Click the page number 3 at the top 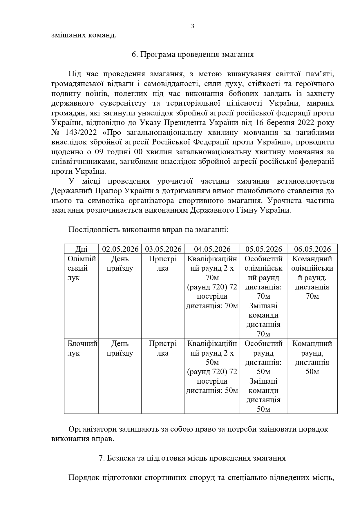[193, 26]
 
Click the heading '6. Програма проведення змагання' [193, 55]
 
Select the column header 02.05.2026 [120, 249]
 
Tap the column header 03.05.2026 [163, 249]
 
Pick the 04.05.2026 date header [212, 249]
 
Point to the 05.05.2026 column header [263, 249]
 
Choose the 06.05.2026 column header [312, 249]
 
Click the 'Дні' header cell [81, 249]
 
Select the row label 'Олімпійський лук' [81, 268]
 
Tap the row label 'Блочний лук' [81, 348]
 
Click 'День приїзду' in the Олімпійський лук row [120, 263]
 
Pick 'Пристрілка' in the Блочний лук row [163, 348]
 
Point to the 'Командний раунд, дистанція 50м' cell [312, 358]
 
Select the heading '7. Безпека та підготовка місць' [192, 458]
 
